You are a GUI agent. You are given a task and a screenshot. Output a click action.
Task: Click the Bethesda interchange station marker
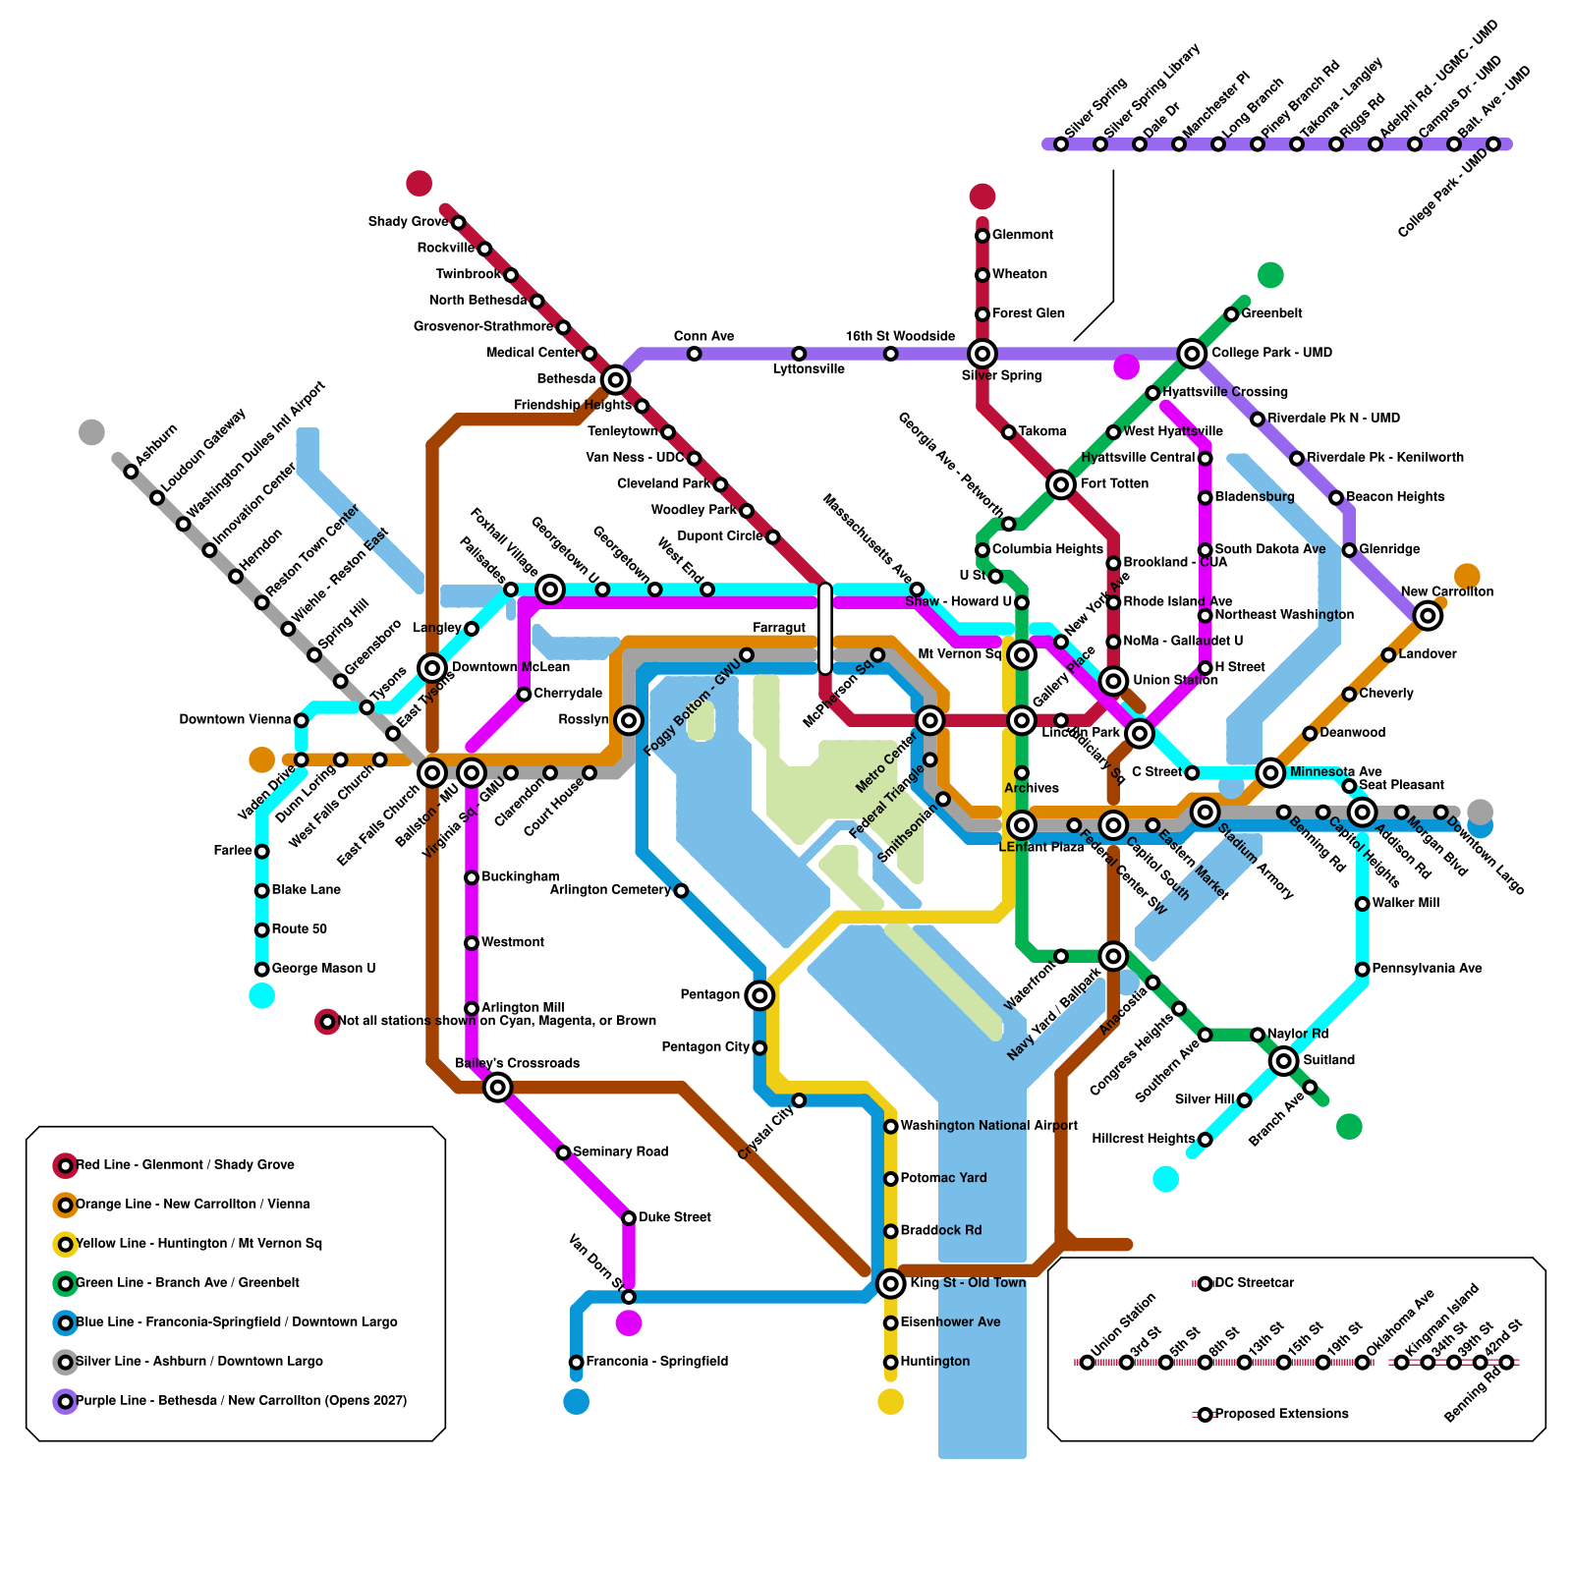pyautogui.click(x=615, y=379)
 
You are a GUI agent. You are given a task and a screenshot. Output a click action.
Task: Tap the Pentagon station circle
pyautogui.click(x=758, y=995)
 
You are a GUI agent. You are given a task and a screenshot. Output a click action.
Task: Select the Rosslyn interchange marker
pyautogui.click(x=629, y=720)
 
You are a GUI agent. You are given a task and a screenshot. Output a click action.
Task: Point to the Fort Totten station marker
pyautogui.click(x=1060, y=484)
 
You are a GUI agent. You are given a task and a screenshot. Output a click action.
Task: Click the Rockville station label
pyautogui.click(x=445, y=248)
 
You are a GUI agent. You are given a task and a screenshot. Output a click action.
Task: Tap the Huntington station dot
pyautogui.click(x=890, y=1362)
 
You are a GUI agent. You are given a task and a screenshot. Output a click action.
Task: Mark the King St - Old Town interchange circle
pyautogui.click(x=890, y=1283)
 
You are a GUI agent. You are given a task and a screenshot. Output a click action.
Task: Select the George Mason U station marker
pyautogui.click(x=261, y=970)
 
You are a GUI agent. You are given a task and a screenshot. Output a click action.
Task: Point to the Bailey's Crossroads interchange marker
pyautogui.click(x=498, y=1087)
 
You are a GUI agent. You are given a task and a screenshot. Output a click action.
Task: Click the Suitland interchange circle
pyautogui.click(x=1283, y=1061)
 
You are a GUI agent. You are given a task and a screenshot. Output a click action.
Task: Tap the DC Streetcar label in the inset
pyautogui.click(x=1254, y=1283)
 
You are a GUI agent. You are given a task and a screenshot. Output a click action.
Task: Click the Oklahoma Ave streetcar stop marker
pyautogui.click(x=1362, y=1363)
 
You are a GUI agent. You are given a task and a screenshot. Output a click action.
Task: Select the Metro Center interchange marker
pyautogui.click(x=929, y=720)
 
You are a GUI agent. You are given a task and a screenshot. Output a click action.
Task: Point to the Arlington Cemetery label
pyautogui.click(x=610, y=890)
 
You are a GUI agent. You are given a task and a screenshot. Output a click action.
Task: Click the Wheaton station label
pyautogui.click(x=1019, y=274)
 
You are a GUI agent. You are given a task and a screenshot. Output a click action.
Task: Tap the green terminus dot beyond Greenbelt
pyautogui.click(x=1270, y=275)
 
